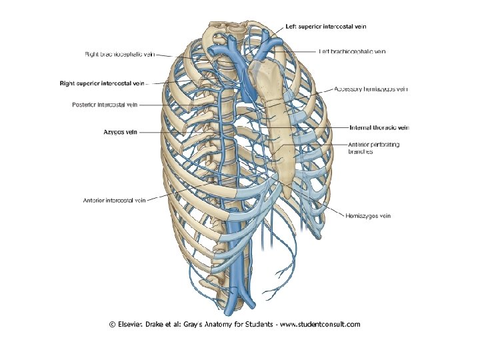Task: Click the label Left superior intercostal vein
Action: pos(325,26)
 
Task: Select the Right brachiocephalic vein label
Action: pos(120,54)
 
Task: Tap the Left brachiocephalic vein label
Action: pos(352,51)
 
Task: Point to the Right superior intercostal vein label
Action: pos(102,83)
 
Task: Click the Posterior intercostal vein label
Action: pos(105,105)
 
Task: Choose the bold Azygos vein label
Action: pos(120,132)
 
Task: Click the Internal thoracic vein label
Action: pos(379,127)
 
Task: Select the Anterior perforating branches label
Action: pos(373,148)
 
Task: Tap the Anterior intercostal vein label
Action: pos(114,199)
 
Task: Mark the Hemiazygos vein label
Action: pos(368,216)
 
